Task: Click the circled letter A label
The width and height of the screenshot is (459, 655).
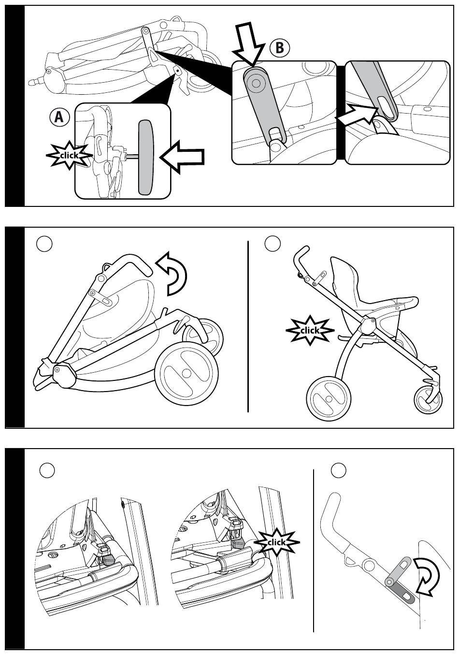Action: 59,117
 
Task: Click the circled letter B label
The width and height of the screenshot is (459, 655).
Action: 280,48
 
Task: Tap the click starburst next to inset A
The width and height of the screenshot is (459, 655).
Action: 69,156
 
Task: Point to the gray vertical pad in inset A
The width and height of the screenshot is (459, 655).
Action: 146,158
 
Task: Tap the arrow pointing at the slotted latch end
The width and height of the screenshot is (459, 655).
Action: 357,115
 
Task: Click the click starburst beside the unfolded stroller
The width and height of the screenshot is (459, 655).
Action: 310,330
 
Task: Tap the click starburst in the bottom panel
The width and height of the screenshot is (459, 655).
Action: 276,542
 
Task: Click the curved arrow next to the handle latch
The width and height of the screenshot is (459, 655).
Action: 427,576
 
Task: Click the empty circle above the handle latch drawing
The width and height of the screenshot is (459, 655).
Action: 339,470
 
